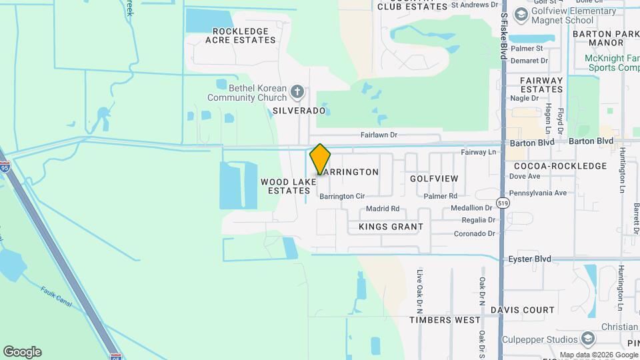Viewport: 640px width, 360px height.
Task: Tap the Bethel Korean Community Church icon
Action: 298,91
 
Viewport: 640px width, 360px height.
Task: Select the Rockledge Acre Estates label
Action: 241,35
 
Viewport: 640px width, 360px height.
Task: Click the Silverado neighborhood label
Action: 299,111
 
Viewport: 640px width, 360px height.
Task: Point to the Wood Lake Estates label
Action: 288,185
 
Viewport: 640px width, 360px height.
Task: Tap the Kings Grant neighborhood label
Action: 391,227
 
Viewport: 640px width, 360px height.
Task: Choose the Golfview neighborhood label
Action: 434,179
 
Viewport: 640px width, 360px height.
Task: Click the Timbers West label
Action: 445,320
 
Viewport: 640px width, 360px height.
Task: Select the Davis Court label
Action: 522,310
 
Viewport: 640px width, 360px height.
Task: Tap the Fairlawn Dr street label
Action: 379,135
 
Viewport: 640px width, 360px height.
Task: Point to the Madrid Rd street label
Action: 383,209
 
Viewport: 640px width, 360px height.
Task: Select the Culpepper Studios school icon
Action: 587,338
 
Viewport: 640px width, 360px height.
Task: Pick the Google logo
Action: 22,352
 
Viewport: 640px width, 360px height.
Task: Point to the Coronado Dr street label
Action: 474,233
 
